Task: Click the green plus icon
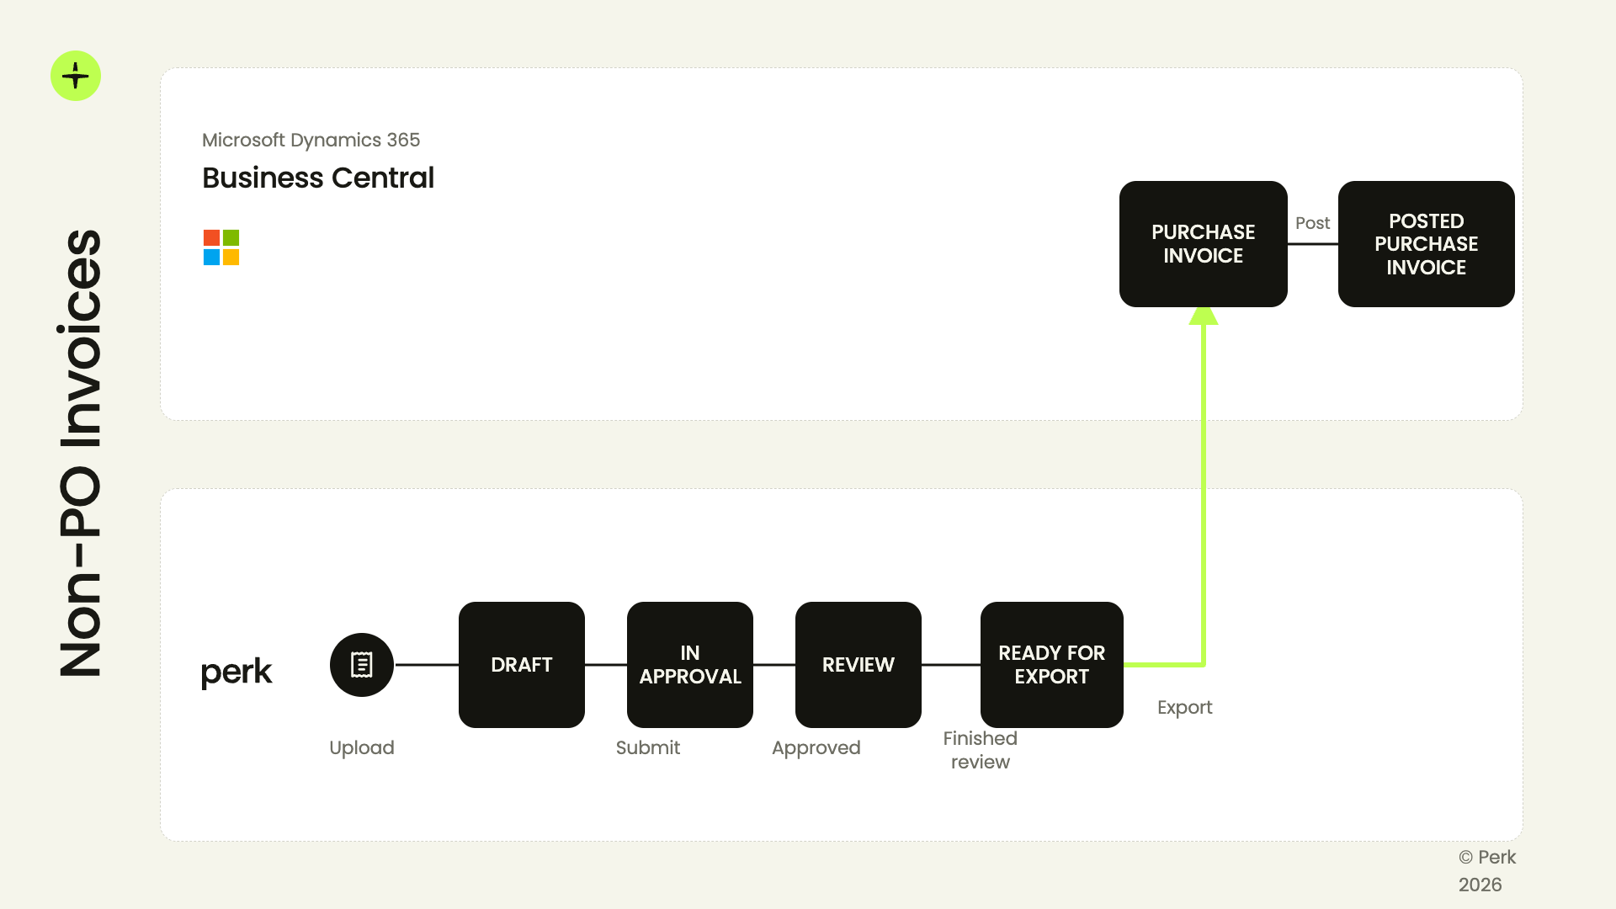tap(76, 76)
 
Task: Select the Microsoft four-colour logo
tap(221, 247)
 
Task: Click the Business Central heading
tap(318, 178)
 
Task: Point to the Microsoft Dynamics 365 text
tap(311, 140)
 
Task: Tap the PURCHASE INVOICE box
tap(1204, 244)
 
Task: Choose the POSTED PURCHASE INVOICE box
tap(1427, 244)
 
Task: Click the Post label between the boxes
tap(1313, 223)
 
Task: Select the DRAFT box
tap(522, 665)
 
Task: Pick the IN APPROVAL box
tap(690, 665)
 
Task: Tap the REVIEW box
tap(858, 665)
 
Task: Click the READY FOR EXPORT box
tap(1052, 665)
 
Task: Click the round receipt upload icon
tap(362, 665)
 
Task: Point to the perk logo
tap(237, 672)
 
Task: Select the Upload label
tap(362, 748)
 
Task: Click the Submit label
tap(648, 747)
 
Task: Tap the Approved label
tap(816, 748)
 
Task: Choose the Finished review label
tap(981, 750)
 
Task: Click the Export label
tap(1185, 708)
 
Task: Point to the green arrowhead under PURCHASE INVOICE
tap(1204, 316)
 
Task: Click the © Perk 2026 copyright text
tap(1487, 871)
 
